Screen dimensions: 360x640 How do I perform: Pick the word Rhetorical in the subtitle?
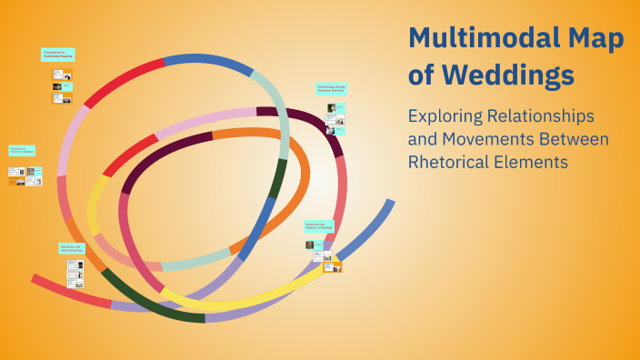[453, 163]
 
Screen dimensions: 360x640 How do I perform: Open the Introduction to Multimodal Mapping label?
[57, 55]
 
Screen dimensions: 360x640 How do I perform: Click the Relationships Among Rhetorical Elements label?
[331, 89]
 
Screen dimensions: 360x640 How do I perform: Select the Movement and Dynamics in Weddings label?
[319, 225]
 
